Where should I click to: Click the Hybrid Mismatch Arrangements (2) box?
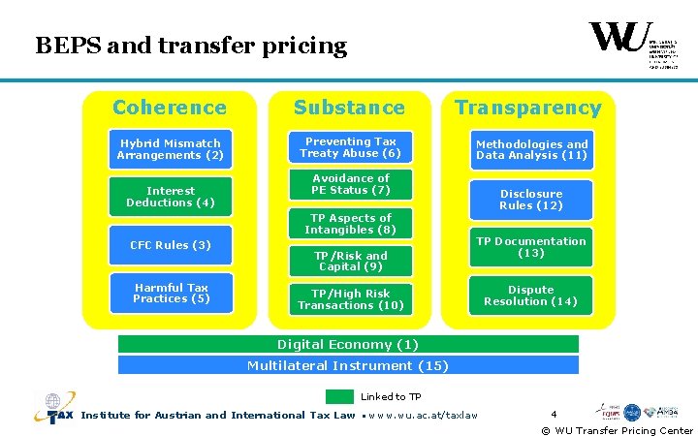pos(171,149)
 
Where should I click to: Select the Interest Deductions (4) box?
pos(171,197)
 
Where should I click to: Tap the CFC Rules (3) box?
pos(171,245)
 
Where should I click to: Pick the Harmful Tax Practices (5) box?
pos(171,293)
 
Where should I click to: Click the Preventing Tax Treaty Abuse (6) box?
pos(350,147)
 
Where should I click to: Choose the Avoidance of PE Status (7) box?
pos(350,184)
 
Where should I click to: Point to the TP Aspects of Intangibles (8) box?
pos(350,224)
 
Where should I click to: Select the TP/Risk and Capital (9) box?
pos(350,261)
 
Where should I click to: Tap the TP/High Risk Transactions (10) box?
pos(350,299)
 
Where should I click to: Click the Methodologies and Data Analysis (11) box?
pos(531,149)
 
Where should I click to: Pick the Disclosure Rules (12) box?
pos(531,200)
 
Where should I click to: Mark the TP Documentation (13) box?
pos(531,247)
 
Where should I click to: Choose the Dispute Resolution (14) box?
pos(531,296)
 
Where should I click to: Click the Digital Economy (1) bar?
pos(348,344)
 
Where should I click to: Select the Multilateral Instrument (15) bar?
pos(348,365)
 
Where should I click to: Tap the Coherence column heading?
pos(170,108)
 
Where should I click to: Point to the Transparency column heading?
pos(528,108)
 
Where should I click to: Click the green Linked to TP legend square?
pos(339,396)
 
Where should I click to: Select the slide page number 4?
pos(554,414)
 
